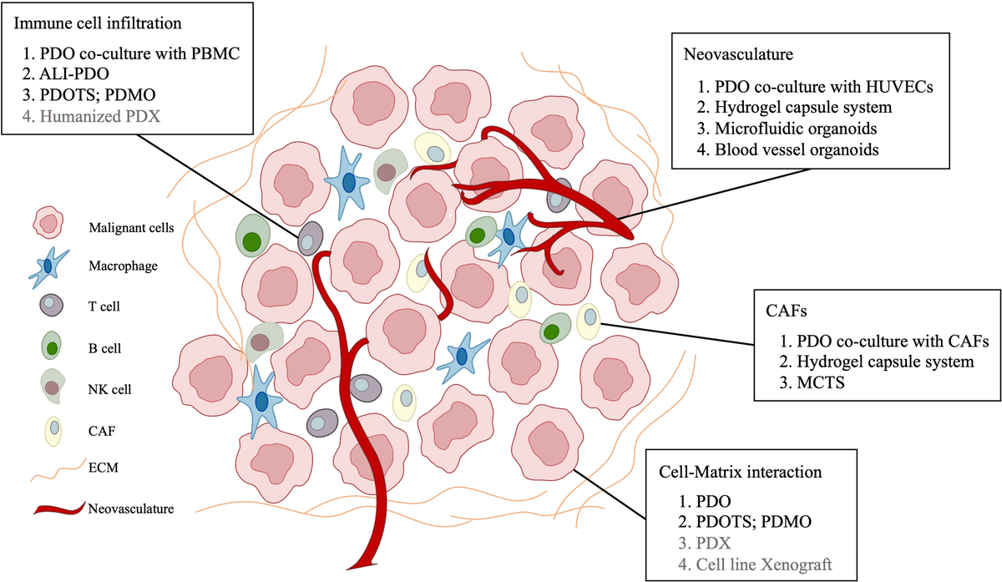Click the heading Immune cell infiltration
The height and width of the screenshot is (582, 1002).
98,23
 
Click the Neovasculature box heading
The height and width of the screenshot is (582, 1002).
738,54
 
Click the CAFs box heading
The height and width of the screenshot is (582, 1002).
786,311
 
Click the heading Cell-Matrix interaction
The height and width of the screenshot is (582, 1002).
741,472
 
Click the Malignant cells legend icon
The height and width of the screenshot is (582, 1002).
48,222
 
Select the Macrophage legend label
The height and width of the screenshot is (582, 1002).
123,266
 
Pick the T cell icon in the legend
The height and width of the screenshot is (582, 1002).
52,305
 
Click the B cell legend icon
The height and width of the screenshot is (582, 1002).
51,346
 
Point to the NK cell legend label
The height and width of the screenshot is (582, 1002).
109,389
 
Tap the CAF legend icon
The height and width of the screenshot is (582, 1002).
53,430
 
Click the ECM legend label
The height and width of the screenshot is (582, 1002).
104,468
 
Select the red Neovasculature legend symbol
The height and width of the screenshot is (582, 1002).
59,509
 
